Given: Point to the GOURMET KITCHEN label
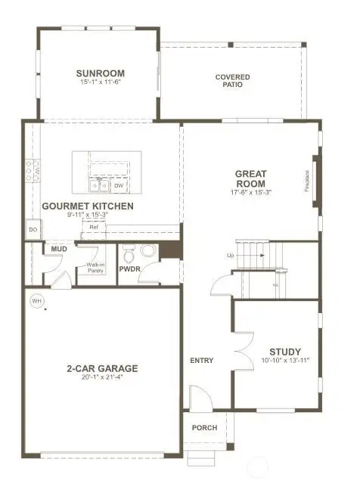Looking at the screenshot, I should point(88,206).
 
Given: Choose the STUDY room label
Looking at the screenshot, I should point(285,352).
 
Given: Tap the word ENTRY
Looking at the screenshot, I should point(202,360).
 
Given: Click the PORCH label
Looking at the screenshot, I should point(204,428).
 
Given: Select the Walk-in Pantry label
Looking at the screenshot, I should point(96,268).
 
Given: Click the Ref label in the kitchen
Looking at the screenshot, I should point(94,226).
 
